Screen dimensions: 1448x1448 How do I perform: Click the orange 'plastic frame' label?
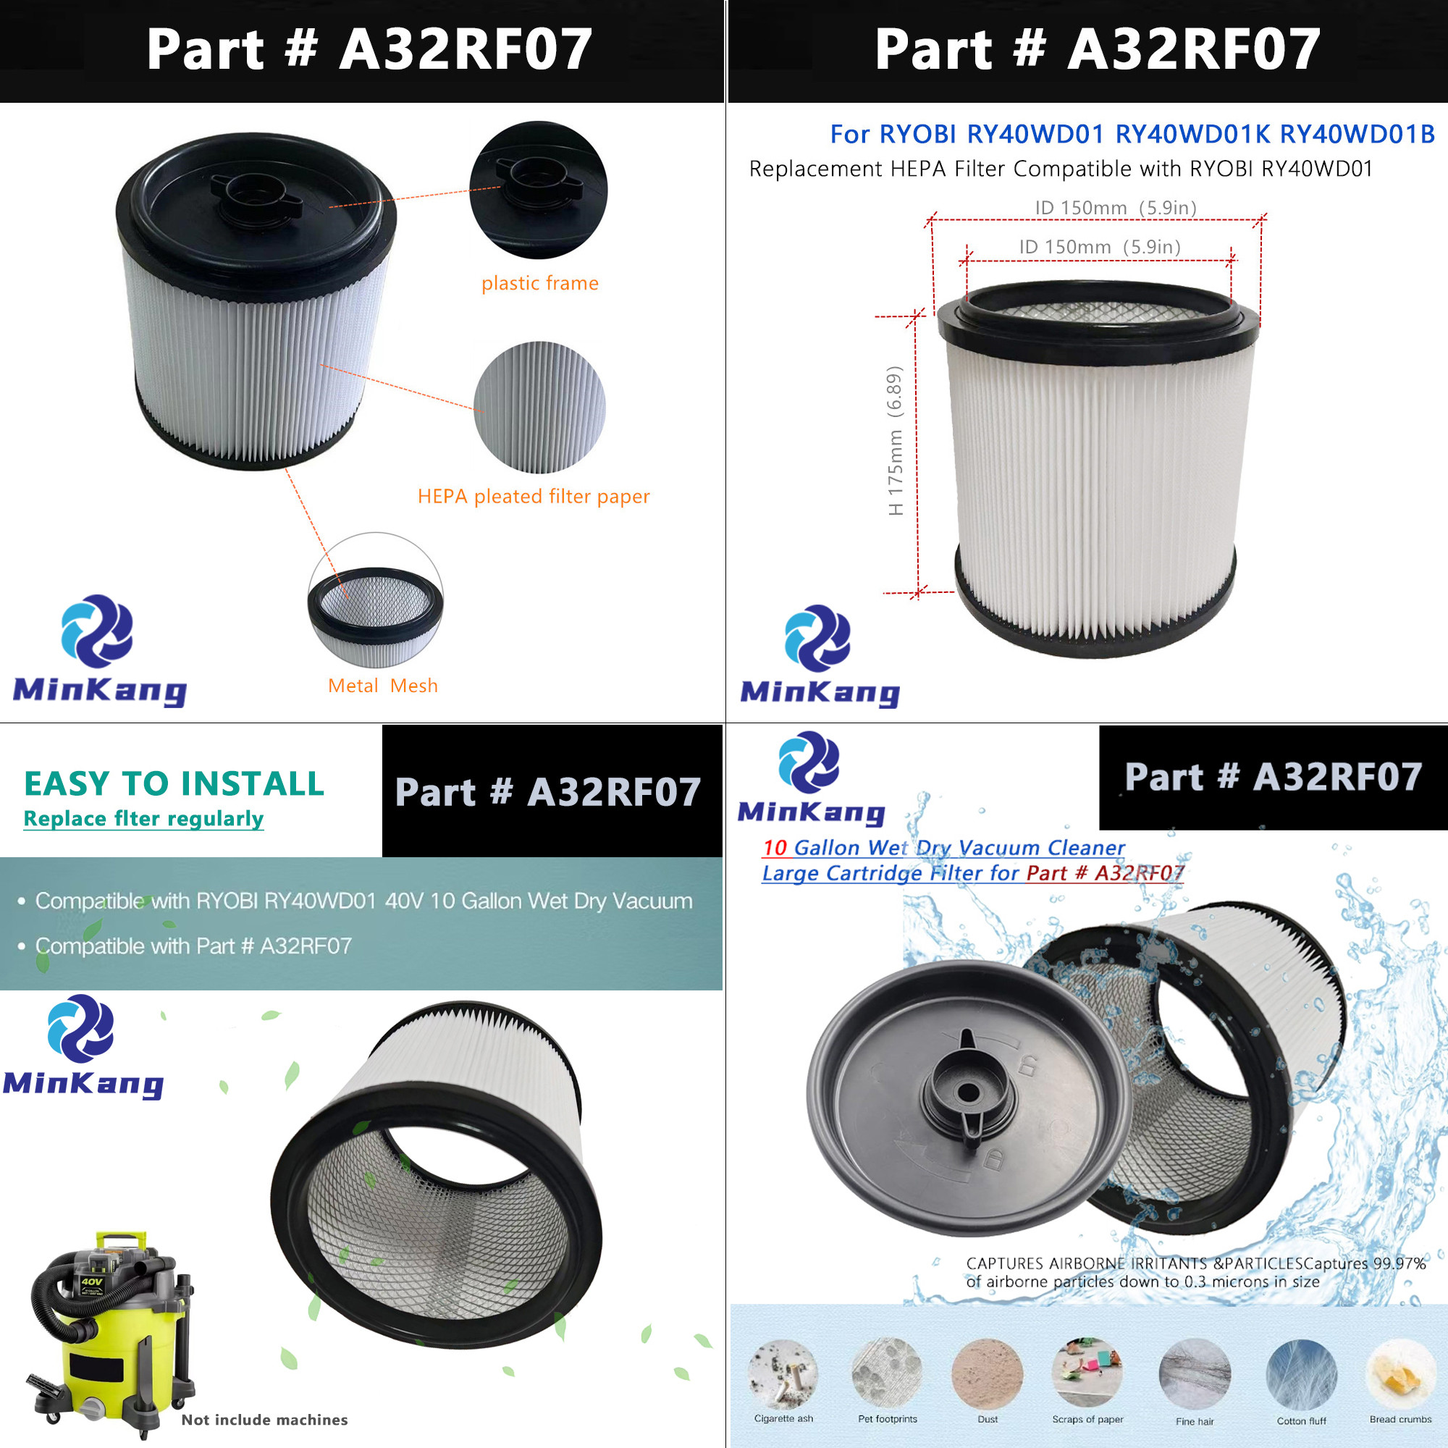pyautogui.click(x=539, y=283)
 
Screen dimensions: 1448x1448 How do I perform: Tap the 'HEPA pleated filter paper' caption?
pyautogui.click(x=534, y=496)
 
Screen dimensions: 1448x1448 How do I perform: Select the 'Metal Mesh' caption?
pyautogui.click(x=382, y=686)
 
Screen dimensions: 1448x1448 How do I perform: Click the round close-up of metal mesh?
pyautogui.click(x=376, y=599)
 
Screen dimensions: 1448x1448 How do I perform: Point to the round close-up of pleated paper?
pyautogui.click(x=539, y=407)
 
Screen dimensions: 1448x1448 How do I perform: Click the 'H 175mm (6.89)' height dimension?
pyautogui.click(x=895, y=441)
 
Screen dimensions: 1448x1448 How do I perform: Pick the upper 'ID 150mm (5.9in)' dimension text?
pyautogui.click(x=1115, y=208)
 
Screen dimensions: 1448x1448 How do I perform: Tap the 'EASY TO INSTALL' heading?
pyautogui.click(x=174, y=784)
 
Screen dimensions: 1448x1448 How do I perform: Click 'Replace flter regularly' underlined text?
pyautogui.click(x=143, y=818)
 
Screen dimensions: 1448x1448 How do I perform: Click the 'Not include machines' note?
pyautogui.click(x=264, y=1420)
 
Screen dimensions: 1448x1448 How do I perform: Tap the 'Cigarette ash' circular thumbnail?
pyautogui.click(x=783, y=1376)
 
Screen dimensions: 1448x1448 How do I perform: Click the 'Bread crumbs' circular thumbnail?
pyautogui.click(x=1400, y=1376)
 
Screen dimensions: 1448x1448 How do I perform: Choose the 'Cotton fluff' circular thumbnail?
pyautogui.click(x=1301, y=1376)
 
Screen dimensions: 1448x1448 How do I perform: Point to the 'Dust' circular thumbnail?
pyautogui.click(x=987, y=1376)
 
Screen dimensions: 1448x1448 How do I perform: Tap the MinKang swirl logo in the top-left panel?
pyautogui.click(x=98, y=631)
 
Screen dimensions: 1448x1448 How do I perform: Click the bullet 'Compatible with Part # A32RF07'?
pyautogui.click(x=193, y=946)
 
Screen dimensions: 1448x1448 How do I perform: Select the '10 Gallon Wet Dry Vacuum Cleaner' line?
pyautogui.click(x=943, y=848)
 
